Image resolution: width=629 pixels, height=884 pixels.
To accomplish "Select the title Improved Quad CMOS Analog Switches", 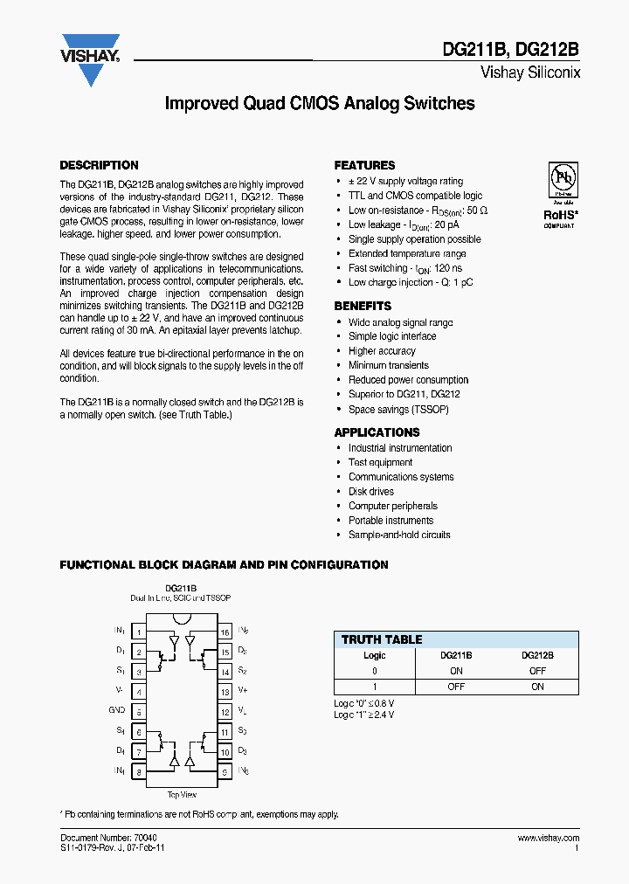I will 320,103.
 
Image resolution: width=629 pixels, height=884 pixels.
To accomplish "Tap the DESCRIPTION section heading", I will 99,165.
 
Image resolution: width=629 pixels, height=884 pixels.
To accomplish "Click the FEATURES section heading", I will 364,165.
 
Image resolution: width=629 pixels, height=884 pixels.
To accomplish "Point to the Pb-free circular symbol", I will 561,176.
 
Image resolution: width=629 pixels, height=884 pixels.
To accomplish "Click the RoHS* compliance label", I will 560,214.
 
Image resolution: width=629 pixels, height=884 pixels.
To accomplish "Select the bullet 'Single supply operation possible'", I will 414,239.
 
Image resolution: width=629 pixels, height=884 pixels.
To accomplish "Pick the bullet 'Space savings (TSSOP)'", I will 398,409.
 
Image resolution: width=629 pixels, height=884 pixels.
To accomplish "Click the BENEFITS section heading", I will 363,307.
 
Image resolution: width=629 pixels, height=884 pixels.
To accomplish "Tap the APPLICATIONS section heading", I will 377,432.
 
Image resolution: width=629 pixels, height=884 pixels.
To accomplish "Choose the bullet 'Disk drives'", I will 370,492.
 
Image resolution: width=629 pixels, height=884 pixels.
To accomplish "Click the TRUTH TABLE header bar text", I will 381,639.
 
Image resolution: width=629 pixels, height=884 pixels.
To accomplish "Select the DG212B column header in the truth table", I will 537,655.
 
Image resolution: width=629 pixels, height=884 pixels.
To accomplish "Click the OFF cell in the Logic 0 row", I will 537,671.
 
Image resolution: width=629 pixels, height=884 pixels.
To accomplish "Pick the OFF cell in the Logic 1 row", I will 456,687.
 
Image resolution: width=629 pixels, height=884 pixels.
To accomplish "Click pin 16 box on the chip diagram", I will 225,632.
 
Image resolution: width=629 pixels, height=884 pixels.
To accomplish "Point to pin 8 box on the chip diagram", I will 138,771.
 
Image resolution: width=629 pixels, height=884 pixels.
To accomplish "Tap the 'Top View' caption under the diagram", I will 182,795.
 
